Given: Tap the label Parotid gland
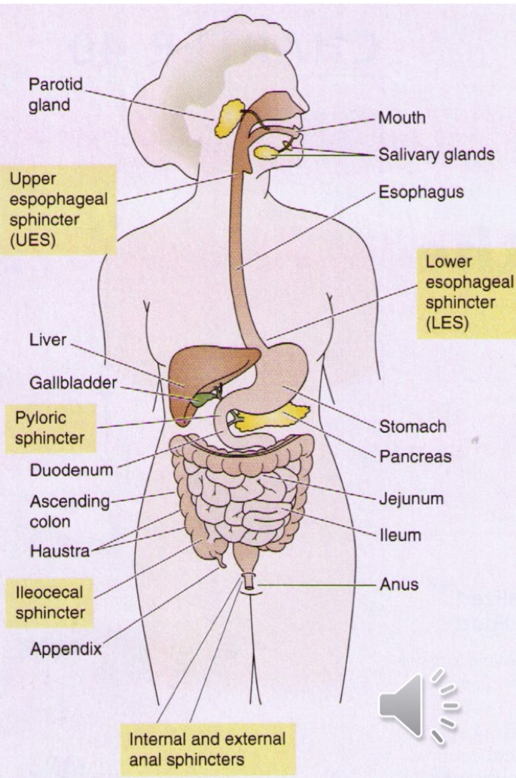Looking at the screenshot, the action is (x=54, y=95).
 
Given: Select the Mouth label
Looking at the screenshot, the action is (x=401, y=118).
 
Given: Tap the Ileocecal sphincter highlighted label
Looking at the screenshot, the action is (x=50, y=600).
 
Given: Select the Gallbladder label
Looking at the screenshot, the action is (x=73, y=383).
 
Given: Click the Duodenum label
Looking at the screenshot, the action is (x=71, y=471).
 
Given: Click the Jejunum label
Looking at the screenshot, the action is (x=411, y=498).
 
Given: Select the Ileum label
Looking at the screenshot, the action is (x=399, y=535).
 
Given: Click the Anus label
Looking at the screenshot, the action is (x=398, y=583).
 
